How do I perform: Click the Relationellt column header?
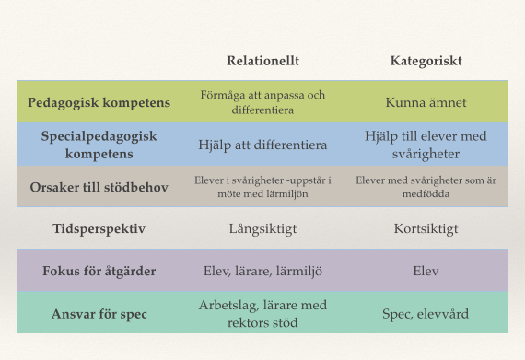coord(262,61)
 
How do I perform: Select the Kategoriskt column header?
coord(426,61)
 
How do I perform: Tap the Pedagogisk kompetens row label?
coord(99,102)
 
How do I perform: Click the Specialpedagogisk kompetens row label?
coord(99,144)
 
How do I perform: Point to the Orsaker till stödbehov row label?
coord(99,187)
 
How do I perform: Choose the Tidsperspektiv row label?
coord(99,227)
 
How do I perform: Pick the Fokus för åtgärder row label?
coord(99,271)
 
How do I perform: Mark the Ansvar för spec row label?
coord(99,314)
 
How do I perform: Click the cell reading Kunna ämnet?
coord(426,102)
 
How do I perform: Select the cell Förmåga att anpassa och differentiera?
coord(262,102)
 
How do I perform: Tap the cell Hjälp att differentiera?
coord(262,145)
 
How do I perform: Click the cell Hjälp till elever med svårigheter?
coord(426,144)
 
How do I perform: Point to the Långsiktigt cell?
coord(262,227)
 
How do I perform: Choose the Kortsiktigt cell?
coord(426,227)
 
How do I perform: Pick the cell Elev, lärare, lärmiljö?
coord(262,271)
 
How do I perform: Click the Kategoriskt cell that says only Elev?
coord(426,271)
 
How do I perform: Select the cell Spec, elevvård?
coord(426,314)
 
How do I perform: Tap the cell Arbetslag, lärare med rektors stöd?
coord(262,313)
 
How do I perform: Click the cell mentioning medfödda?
coord(426,186)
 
